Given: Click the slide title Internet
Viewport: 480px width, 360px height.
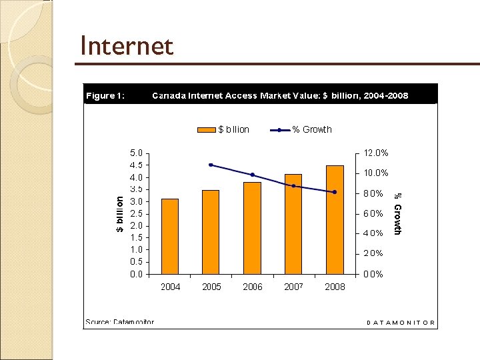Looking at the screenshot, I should (126, 46).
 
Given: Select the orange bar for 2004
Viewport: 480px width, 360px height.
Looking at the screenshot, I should (170, 236).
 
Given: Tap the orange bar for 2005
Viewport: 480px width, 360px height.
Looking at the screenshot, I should (211, 232).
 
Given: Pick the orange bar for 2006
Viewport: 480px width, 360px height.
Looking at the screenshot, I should (252, 228).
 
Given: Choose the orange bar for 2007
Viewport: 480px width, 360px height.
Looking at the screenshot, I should (293, 224).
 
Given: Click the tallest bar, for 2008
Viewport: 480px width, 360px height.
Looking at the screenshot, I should (335, 219).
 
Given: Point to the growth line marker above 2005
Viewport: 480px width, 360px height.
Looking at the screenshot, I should (211, 165).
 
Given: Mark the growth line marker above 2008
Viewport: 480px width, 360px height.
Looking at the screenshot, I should (335, 192).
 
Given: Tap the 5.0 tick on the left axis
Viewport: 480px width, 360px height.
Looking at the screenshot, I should (135, 153).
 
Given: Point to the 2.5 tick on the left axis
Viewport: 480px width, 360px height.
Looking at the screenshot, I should (135, 213).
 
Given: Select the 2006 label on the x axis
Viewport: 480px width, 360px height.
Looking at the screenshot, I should (252, 287).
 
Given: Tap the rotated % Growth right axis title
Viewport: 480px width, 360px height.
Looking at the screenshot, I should (397, 213).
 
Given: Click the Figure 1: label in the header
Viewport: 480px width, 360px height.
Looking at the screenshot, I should (105, 95).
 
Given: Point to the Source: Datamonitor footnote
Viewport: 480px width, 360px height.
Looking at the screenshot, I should (119, 322).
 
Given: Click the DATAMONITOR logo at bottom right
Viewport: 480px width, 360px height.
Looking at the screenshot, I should (401, 323).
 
